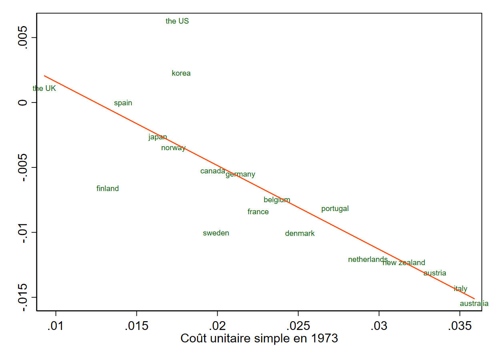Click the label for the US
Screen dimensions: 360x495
pos(177,21)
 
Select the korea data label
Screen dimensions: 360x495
pos(181,73)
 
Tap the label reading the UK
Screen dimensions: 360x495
pos(44,88)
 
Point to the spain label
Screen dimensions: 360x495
pos(123,103)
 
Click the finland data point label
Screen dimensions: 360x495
pos(108,189)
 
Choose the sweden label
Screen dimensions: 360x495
pos(216,233)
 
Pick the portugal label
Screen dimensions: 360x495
pos(335,209)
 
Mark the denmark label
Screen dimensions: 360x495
pos(300,233)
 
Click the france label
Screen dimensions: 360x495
pos(258,212)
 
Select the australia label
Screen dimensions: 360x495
pos(474,304)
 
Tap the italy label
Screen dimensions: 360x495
pos(461,289)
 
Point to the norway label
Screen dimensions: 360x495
pos(173,148)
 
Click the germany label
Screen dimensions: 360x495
pos(240,174)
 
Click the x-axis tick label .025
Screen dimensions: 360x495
pos(298,326)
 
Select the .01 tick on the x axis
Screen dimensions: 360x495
pos(56,326)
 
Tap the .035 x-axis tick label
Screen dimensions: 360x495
pos(460,326)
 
